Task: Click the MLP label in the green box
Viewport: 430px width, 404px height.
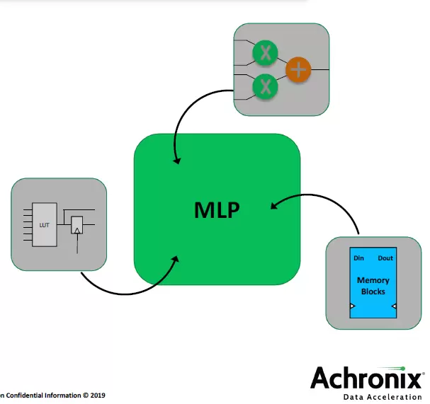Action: pos(217,210)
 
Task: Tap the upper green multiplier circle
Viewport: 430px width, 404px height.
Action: pos(266,52)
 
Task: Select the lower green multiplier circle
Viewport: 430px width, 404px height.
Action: pos(266,86)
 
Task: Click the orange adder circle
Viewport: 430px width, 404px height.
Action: pos(299,69)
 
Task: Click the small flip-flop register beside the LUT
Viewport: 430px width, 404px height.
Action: pos(77,226)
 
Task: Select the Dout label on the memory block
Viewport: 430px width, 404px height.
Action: pos(385,258)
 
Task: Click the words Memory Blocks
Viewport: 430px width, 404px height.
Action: pos(373,286)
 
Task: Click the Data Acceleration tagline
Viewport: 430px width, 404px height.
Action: pos(383,398)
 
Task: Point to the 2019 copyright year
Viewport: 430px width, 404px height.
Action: pos(98,395)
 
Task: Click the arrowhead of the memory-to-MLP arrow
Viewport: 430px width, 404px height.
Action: pos(273,206)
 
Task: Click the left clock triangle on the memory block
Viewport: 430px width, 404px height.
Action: pos(352,306)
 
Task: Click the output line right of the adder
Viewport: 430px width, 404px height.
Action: pos(319,69)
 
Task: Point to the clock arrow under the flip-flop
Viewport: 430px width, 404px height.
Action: pos(77,245)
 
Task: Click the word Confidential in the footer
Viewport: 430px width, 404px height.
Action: pos(27,395)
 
